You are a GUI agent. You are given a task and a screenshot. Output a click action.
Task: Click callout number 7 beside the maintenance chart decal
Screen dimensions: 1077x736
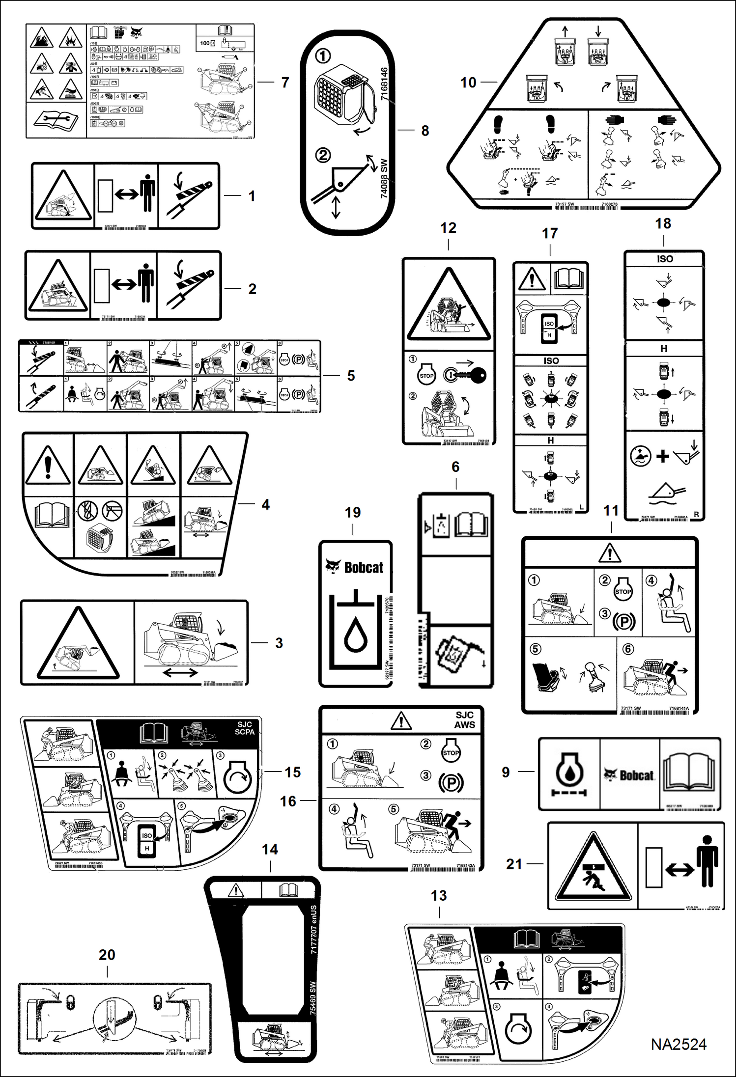pyautogui.click(x=285, y=83)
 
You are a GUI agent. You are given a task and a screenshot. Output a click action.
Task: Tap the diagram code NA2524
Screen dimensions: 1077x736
pyautogui.click(x=678, y=1045)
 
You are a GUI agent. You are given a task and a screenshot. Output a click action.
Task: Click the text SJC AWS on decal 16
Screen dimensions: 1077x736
pyautogui.click(x=464, y=720)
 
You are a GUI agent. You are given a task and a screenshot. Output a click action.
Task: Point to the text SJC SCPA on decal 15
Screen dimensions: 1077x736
pyautogui.click(x=244, y=728)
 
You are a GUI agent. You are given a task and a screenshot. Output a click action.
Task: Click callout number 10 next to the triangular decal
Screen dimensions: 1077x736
pyautogui.click(x=468, y=83)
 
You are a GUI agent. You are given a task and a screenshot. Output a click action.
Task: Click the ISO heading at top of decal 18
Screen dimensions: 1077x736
pyautogui.click(x=664, y=259)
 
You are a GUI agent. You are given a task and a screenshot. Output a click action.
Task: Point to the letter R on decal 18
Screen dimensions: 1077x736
pyautogui.click(x=696, y=515)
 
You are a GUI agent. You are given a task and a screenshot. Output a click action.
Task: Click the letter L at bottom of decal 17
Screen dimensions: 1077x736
pyautogui.click(x=582, y=507)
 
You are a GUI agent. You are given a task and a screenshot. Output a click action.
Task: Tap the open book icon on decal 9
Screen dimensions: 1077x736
pyautogui.click(x=690, y=773)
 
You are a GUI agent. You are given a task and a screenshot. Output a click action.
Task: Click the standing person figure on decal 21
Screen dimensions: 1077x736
pyautogui.click(x=707, y=863)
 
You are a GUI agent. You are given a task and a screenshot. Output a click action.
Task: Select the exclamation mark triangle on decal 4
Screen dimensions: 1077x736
pyautogui.click(x=48, y=465)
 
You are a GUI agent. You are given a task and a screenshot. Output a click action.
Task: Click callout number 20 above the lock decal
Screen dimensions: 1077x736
pyautogui.click(x=107, y=955)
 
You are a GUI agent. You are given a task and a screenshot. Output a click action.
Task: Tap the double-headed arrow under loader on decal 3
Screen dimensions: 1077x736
pyautogui.click(x=180, y=673)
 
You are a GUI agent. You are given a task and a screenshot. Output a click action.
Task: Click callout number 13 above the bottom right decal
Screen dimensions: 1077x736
pyautogui.click(x=438, y=895)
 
